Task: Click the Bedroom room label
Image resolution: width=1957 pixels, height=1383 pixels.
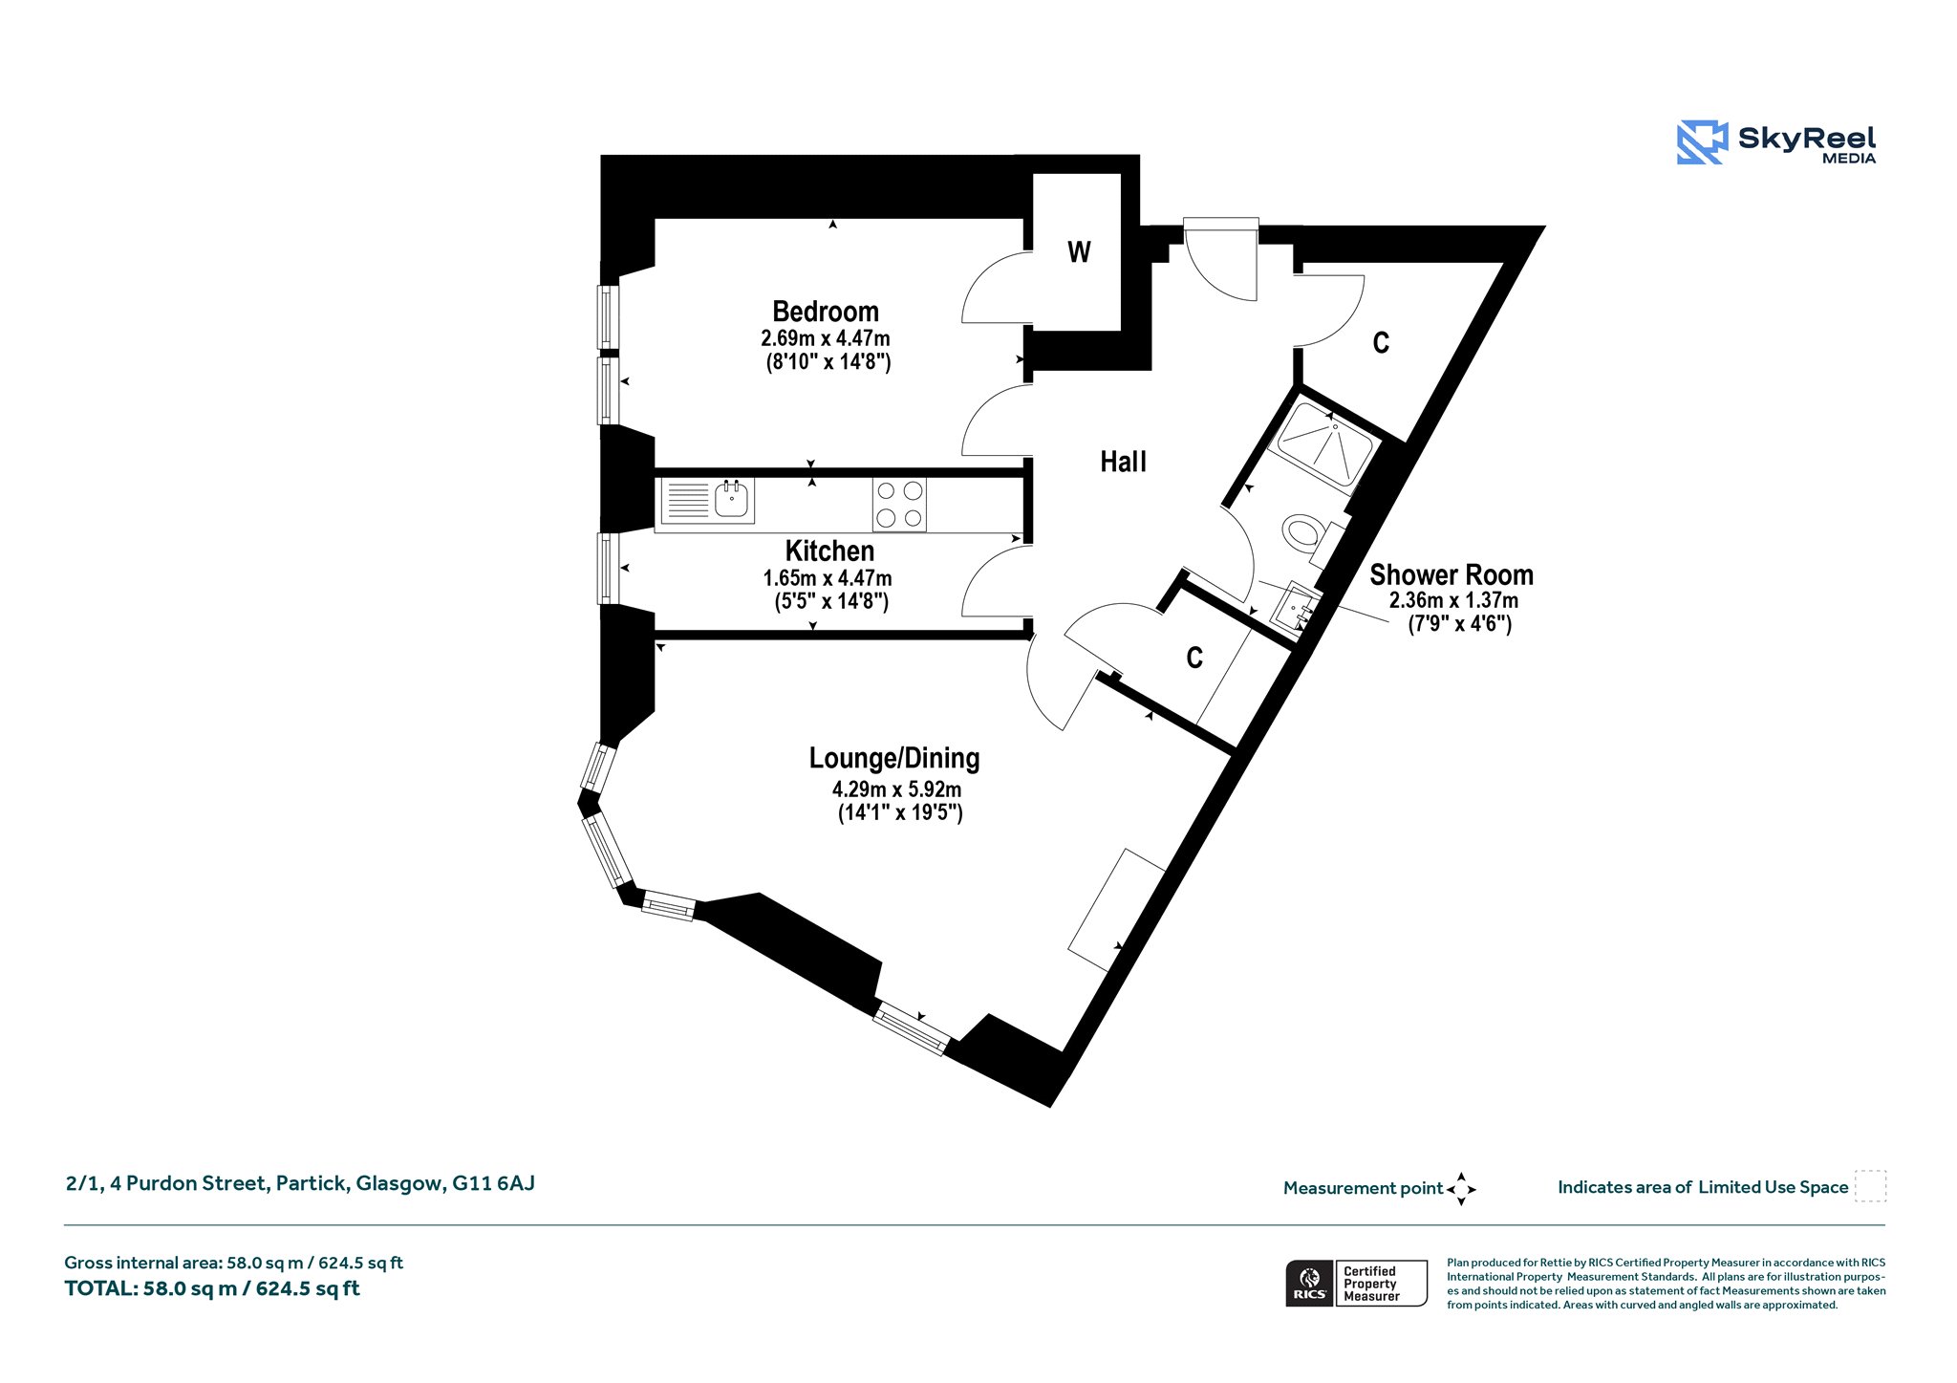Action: pos(826,312)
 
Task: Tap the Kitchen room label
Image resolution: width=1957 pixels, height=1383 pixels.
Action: pos(829,551)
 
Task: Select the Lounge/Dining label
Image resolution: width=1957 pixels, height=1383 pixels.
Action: pos(894,759)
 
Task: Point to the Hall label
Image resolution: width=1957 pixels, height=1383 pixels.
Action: pos(1123,463)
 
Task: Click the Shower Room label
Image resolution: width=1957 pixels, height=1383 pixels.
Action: pos(1452,575)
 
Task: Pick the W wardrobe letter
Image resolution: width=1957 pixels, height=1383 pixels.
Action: pos(1079,252)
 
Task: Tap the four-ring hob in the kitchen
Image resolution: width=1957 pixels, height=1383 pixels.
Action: pos(899,505)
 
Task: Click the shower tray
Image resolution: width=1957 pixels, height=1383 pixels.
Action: pos(1324,445)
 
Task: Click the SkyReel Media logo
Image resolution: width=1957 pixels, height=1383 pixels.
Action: pos(1776,142)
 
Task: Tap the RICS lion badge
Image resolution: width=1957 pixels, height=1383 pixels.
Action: pos(1310,1283)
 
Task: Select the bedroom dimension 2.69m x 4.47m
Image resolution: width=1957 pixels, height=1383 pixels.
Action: pos(826,338)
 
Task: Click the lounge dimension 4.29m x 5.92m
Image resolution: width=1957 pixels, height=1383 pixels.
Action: pos(896,789)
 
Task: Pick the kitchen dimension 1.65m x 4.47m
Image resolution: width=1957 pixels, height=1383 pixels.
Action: pos(828,578)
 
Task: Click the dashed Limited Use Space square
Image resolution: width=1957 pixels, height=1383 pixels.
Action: pos(1870,1186)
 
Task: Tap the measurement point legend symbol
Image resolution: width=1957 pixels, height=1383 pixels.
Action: pos(1461,1189)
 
